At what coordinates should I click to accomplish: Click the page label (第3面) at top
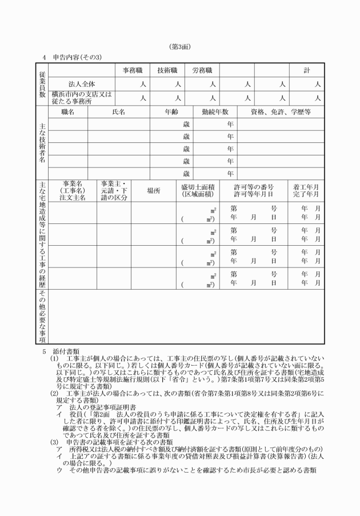179,46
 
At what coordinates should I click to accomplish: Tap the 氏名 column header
118,112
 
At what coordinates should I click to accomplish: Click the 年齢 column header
171,112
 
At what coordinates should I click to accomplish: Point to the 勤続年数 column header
215,112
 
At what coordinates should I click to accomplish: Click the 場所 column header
153,190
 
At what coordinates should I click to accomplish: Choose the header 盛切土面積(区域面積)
198,190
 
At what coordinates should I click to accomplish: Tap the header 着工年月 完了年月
306,190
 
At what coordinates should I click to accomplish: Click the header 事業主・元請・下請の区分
113,190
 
